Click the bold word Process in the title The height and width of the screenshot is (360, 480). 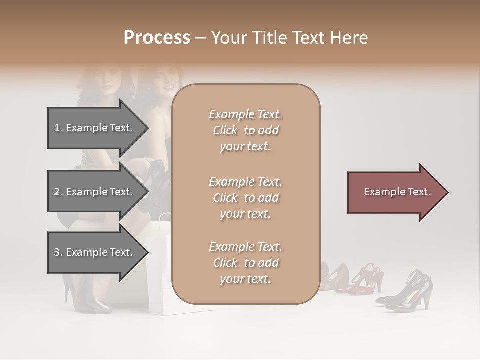(157, 38)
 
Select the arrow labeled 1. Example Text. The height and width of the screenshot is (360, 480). (95, 128)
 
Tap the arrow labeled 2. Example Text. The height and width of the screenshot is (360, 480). (95, 192)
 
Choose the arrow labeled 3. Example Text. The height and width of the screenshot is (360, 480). (95, 252)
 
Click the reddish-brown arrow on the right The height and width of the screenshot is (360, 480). (395, 192)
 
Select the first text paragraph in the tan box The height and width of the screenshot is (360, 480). (245, 130)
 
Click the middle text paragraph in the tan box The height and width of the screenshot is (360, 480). (245, 198)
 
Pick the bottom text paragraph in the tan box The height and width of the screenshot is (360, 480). (245, 263)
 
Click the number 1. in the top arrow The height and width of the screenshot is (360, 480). (58, 128)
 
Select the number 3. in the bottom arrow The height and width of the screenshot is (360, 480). (58, 252)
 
